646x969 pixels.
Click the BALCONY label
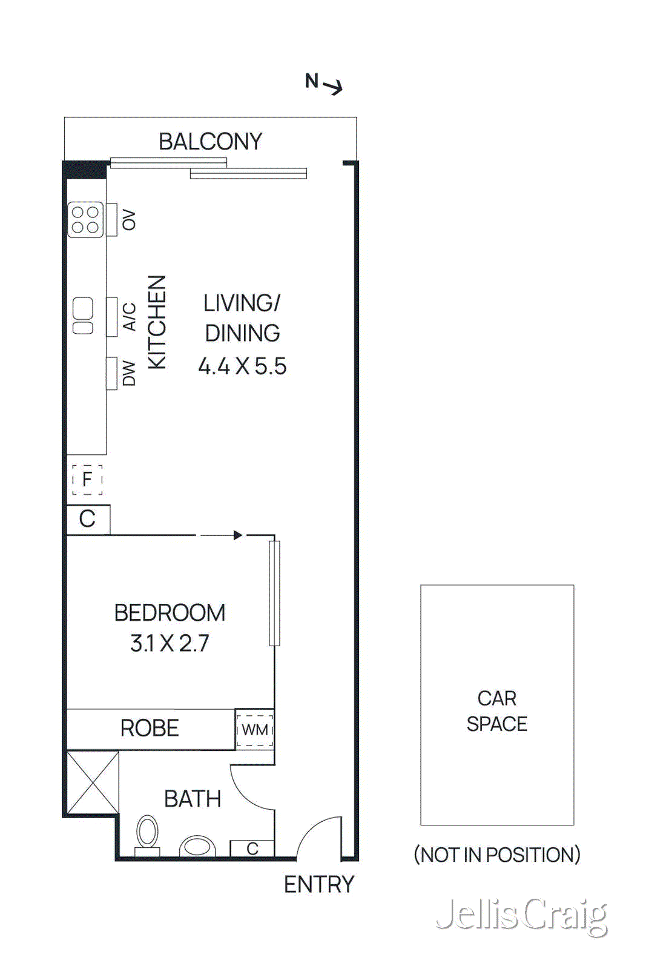[x=210, y=142]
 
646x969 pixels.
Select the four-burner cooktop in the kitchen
[x=85, y=220]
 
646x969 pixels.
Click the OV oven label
[x=128, y=220]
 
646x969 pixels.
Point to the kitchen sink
[x=83, y=316]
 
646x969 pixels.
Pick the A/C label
[x=129, y=317]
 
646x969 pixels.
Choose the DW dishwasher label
[x=129, y=373]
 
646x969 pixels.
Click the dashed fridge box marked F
[x=87, y=480]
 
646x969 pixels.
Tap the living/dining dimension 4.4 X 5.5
[x=242, y=366]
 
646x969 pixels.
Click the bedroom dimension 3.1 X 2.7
[x=170, y=643]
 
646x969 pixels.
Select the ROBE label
[x=150, y=728]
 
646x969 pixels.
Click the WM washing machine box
[x=255, y=730]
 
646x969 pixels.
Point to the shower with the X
[x=93, y=782]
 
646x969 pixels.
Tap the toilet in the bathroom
[x=147, y=833]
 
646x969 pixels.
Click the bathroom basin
[x=197, y=845]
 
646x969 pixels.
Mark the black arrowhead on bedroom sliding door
[x=238, y=535]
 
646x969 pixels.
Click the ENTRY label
[x=318, y=885]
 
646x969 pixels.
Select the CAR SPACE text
[x=496, y=711]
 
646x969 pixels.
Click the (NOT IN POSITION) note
[x=496, y=855]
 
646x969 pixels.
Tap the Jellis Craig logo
[x=521, y=914]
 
